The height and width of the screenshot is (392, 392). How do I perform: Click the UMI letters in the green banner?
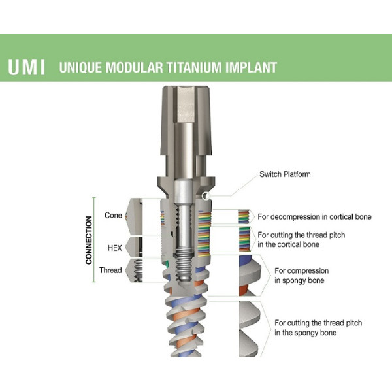[x=26, y=67]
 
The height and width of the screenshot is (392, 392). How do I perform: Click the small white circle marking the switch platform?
[x=206, y=195]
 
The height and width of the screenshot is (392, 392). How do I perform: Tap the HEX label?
[x=114, y=248]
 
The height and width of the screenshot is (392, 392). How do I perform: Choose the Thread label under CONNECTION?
[x=110, y=270]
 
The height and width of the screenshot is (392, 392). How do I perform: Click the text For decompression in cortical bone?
[x=314, y=216]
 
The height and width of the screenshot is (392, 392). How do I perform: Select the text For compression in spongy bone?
[x=301, y=275]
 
